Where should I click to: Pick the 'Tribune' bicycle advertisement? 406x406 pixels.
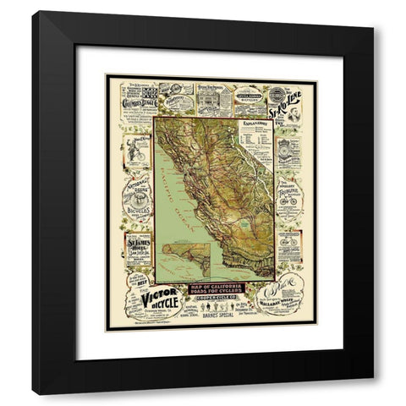[x=288, y=196]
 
